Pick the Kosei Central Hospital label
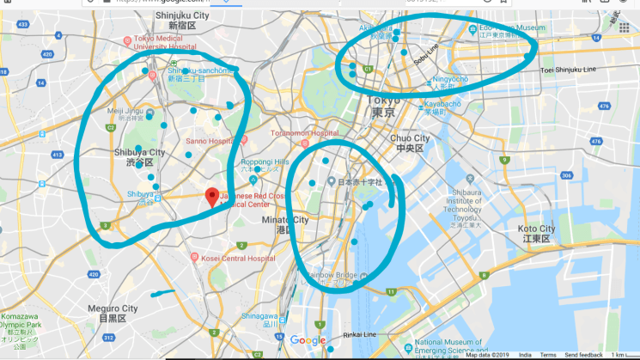(235, 257)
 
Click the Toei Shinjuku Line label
(570, 69)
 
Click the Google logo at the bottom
(308, 341)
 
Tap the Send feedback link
(583, 355)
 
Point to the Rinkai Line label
(358, 334)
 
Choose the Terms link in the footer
(547, 355)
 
